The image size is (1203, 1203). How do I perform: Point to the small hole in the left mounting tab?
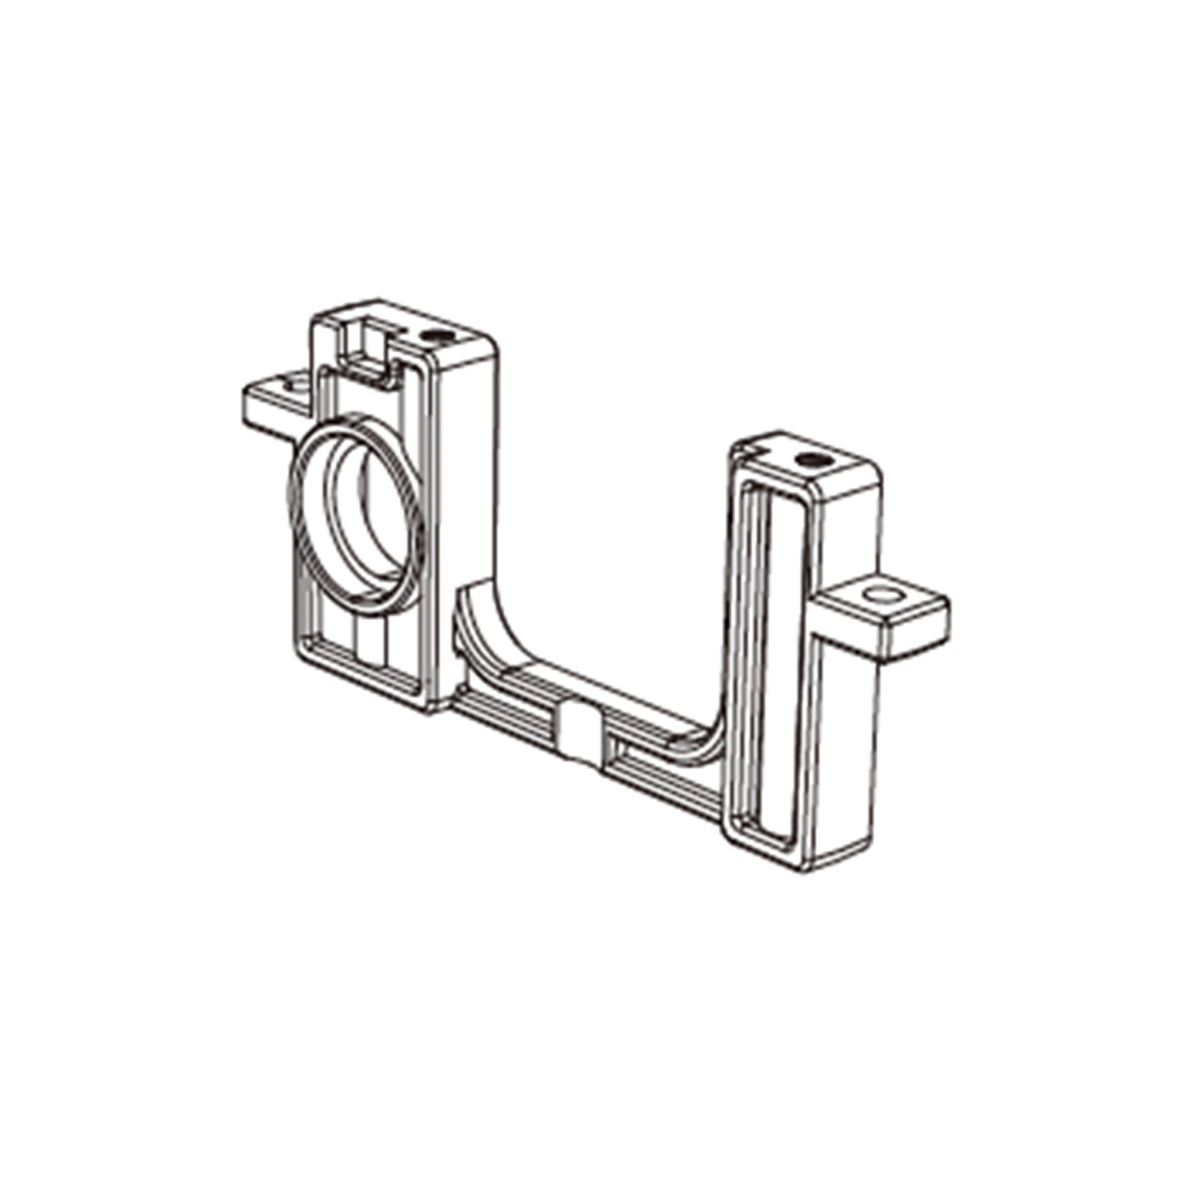[286, 384]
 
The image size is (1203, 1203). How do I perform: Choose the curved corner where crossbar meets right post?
[710, 742]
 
